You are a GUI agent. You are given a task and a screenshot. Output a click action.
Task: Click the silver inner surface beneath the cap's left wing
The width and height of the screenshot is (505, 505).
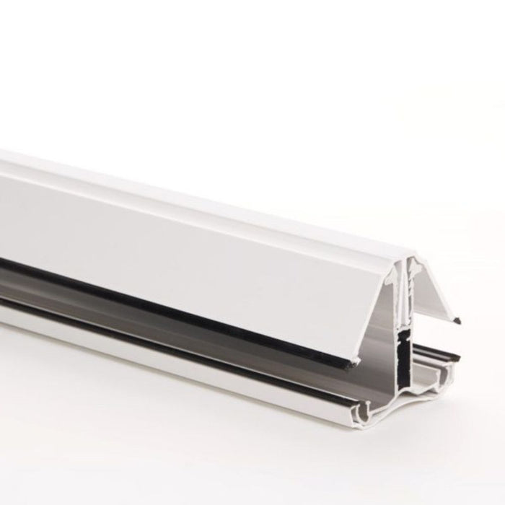[x=346, y=339]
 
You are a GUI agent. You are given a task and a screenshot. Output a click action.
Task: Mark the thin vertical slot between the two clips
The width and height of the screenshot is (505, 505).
[x=407, y=289]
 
